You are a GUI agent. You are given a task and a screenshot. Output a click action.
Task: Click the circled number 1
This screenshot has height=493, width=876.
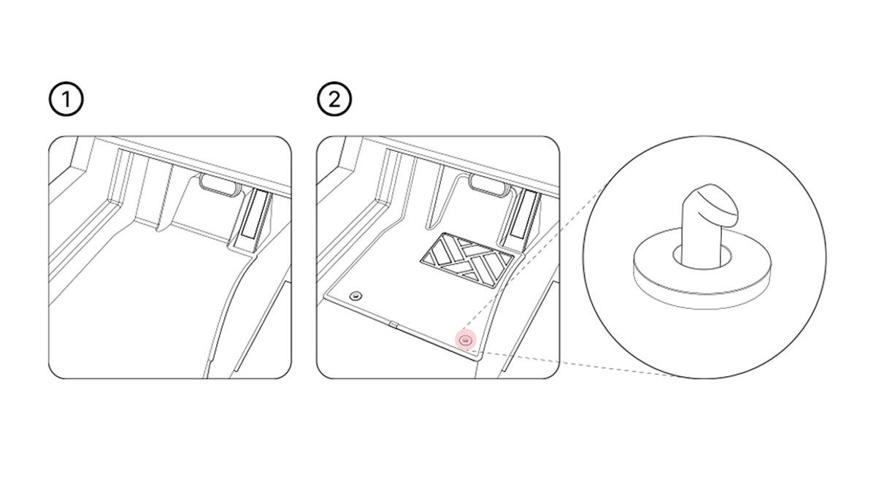(x=66, y=99)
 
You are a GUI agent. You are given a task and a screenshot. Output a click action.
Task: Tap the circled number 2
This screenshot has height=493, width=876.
(x=334, y=99)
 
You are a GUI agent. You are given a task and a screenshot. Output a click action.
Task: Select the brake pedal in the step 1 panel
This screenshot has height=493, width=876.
(x=219, y=184)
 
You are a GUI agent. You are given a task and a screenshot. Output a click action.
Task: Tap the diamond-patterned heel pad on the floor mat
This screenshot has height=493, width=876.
(x=467, y=259)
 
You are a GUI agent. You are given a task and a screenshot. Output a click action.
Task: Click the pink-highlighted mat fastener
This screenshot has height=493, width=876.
(x=466, y=340)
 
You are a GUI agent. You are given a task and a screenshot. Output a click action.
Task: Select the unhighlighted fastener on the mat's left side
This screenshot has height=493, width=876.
(x=356, y=296)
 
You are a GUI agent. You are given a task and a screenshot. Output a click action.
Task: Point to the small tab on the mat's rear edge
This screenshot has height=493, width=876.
(x=393, y=324)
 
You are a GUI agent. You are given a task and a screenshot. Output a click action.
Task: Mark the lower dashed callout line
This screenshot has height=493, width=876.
(x=579, y=364)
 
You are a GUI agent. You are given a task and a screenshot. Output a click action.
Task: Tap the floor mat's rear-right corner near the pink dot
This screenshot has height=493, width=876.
(x=479, y=356)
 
